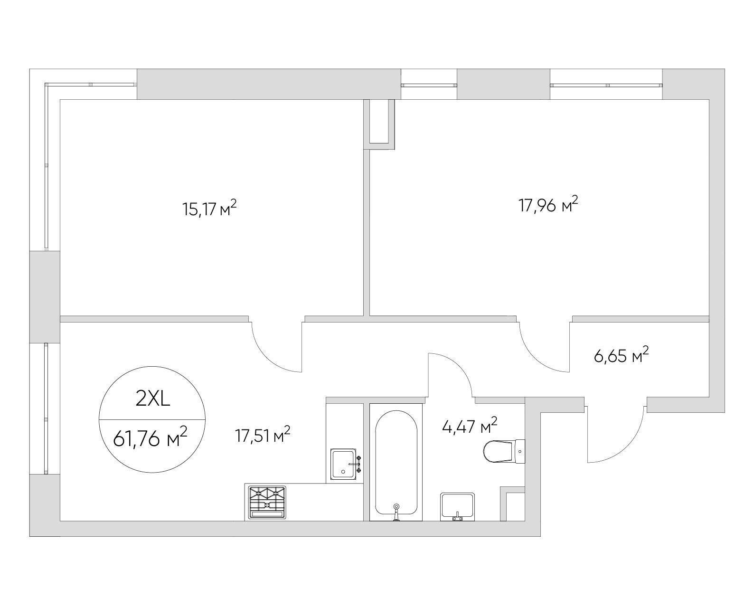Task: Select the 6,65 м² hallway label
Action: [621, 355]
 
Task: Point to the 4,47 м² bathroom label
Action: [470, 426]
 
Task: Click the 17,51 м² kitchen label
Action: [263, 435]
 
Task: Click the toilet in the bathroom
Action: [504, 451]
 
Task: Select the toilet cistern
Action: [520, 451]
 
